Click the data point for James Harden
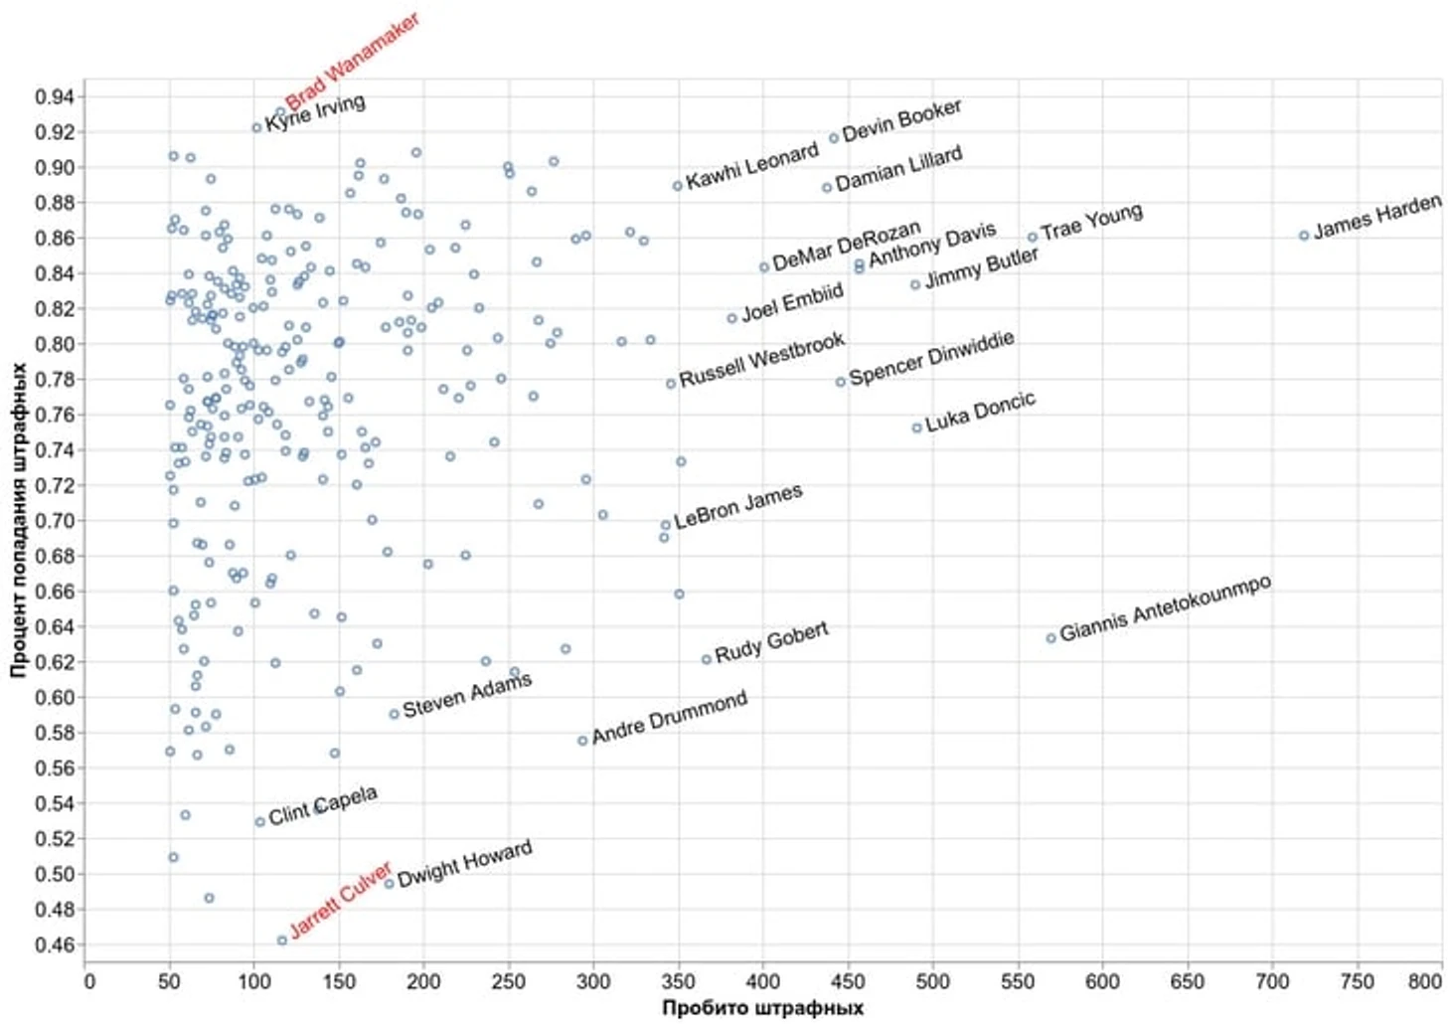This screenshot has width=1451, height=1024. click(x=1304, y=236)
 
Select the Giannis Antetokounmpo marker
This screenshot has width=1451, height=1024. click(x=1050, y=638)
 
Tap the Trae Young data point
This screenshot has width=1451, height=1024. click(x=1033, y=237)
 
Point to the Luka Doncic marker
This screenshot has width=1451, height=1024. click(x=916, y=427)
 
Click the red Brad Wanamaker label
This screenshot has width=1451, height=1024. click(x=352, y=62)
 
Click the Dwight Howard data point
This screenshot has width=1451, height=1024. click(x=390, y=883)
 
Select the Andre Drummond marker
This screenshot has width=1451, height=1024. click(x=582, y=741)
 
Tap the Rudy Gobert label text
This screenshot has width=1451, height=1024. click(x=771, y=642)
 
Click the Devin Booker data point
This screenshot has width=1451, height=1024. click(x=834, y=138)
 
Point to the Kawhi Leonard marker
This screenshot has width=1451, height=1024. click(x=677, y=186)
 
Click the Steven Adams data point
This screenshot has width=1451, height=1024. click(x=394, y=714)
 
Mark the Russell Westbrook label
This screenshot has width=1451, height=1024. click(x=761, y=360)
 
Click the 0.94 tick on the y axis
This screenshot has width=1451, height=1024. click(x=54, y=96)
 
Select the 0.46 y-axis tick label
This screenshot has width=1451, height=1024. click(x=54, y=944)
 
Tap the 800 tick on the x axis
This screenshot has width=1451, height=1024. click(x=1424, y=982)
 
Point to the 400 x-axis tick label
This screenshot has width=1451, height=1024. click(x=763, y=982)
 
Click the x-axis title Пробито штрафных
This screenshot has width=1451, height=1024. click(x=762, y=1008)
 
